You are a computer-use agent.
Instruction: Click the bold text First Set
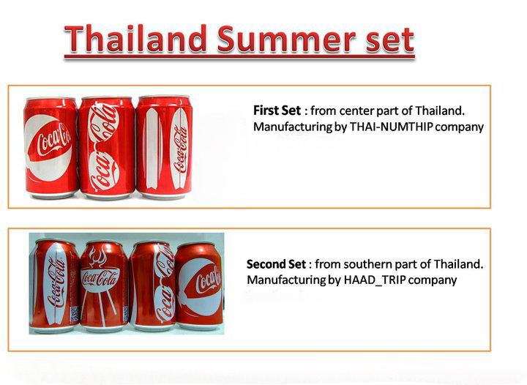[x=277, y=111]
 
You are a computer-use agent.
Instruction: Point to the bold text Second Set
[x=276, y=264]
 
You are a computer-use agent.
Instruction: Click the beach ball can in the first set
[x=51, y=147]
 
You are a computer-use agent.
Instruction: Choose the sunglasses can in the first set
[x=106, y=147]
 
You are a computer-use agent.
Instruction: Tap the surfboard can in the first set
[x=164, y=147]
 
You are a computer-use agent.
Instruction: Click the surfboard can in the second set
[x=54, y=285]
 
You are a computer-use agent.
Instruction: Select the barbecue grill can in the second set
[x=104, y=285]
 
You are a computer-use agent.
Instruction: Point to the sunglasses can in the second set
[x=153, y=285]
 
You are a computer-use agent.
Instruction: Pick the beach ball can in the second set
[x=199, y=285]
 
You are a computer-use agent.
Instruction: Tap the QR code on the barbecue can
[x=126, y=313]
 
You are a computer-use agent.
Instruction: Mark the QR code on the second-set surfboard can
[x=75, y=313]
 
